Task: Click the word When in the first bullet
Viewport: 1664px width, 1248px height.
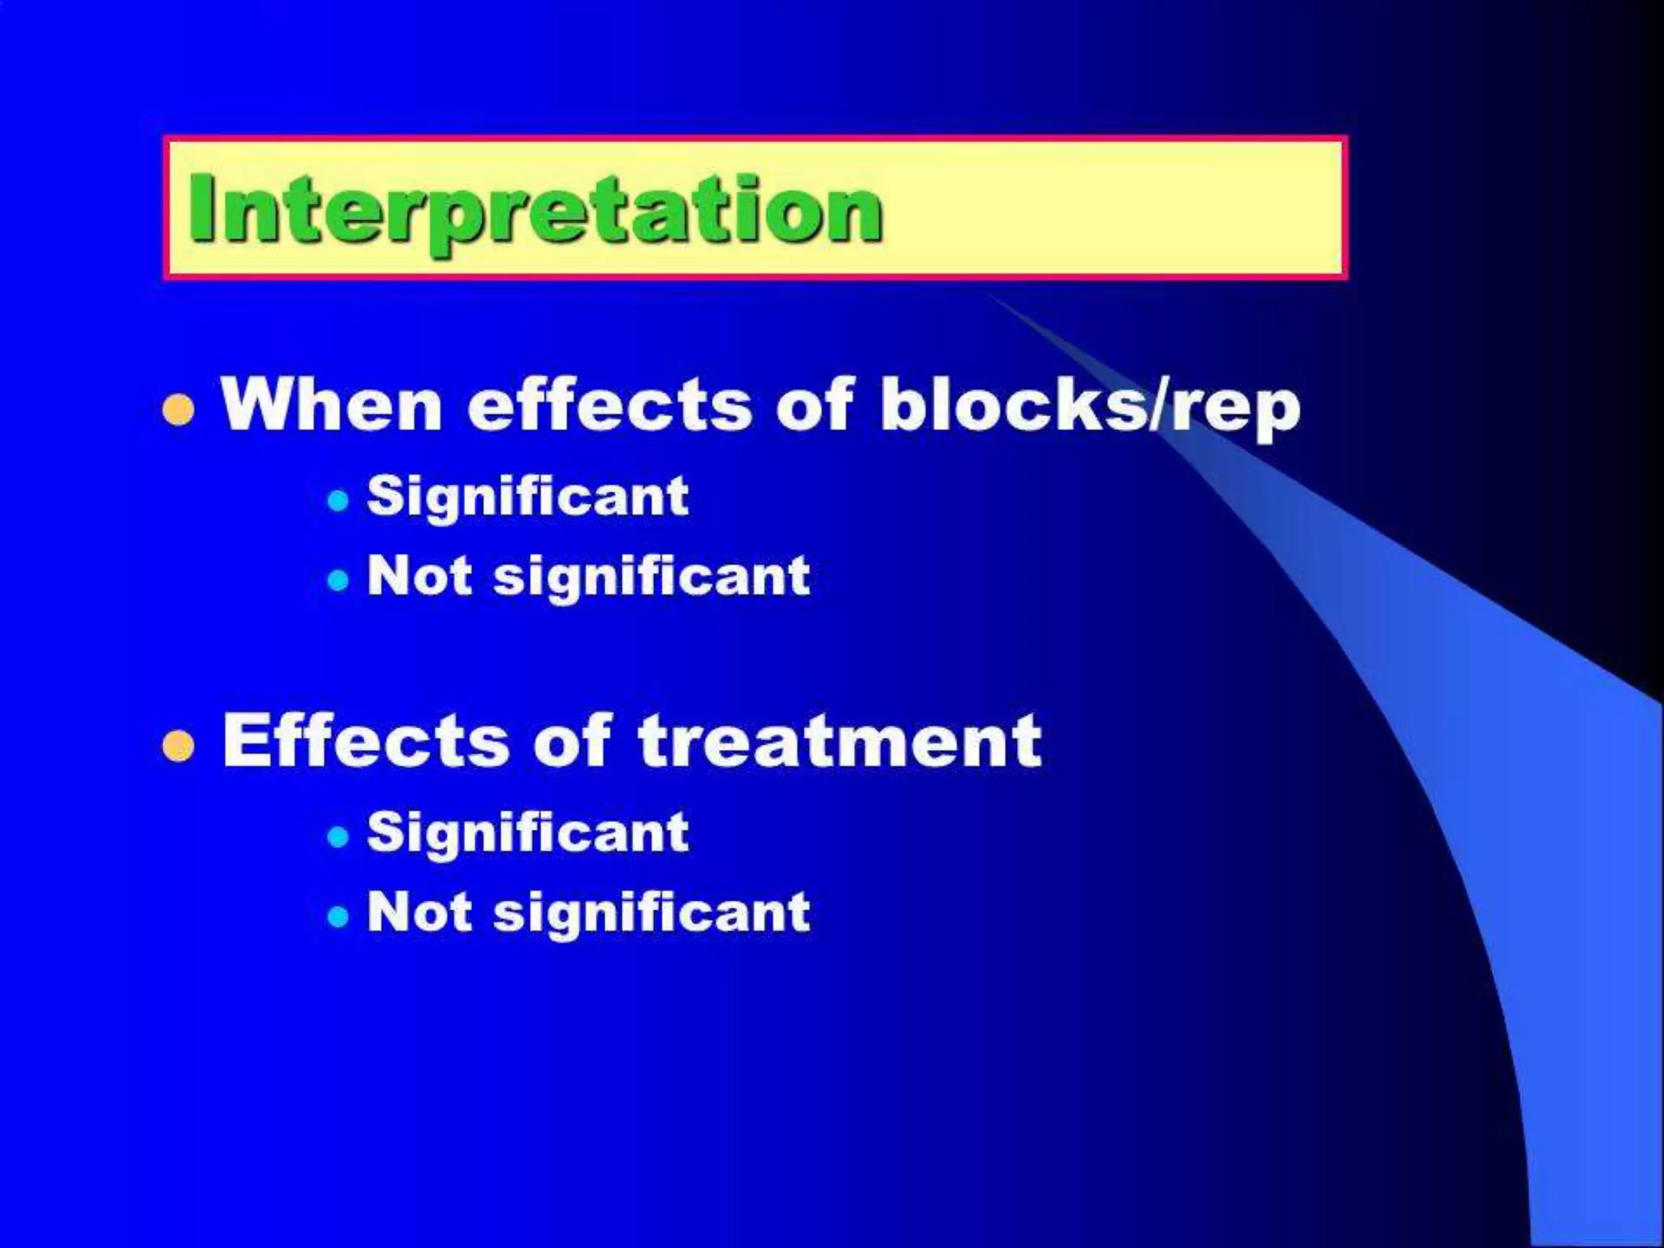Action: click(x=331, y=404)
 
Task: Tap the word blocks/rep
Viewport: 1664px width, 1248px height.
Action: click(x=1090, y=405)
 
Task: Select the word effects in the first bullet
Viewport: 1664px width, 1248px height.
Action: click(x=610, y=404)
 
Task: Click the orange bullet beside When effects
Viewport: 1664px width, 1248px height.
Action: click(x=179, y=409)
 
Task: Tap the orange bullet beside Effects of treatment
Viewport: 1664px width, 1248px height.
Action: click(x=179, y=745)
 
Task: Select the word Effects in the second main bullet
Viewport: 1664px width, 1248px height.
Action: click(x=366, y=740)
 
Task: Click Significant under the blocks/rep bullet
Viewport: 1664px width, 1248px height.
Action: click(x=527, y=496)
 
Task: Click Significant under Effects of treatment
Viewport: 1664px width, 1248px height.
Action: click(x=527, y=832)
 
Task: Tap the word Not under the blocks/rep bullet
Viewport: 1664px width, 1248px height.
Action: click(x=419, y=575)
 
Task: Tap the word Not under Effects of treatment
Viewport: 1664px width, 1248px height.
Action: click(x=419, y=911)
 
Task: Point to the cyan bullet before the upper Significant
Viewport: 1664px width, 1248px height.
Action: click(x=338, y=500)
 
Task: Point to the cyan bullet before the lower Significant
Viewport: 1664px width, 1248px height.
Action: click(x=338, y=836)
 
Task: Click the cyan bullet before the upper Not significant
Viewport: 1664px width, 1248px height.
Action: click(x=338, y=580)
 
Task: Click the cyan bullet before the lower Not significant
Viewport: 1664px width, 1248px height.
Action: click(x=338, y=916)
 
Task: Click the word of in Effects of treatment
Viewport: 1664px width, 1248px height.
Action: click(x=572, y=740)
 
